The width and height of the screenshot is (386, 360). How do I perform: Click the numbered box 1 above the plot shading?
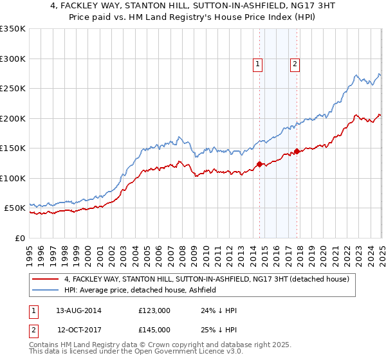tap(257, 64)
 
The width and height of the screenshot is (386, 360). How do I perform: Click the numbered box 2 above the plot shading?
tap(295, 64)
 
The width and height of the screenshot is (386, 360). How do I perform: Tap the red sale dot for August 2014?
tap(259, 164)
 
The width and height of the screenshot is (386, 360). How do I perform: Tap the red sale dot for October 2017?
tap(297, 152)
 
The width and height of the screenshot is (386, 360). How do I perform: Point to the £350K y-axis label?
tap(13, 29)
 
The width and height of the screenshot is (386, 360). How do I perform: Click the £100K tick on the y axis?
tap(13, 178)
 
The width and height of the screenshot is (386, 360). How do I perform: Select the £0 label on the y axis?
tap(19, 238)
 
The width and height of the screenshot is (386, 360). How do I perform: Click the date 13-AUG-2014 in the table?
tap(78, 310)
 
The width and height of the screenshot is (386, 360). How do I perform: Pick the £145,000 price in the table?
tap(154, 330)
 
